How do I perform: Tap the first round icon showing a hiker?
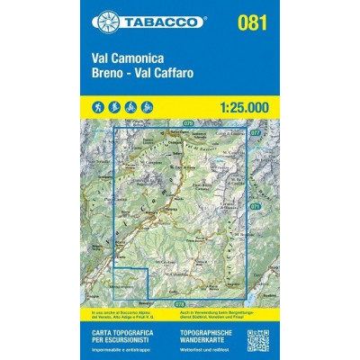tap(97, 107)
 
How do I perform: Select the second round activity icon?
tap(114, 107)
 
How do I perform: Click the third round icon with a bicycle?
tap(131, 107)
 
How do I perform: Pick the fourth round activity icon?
tap(148, 107)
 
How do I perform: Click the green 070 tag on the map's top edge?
tap(188, 121)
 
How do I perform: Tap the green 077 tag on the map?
tap(256, 132)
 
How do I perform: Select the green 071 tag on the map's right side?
tap(256, 204)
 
